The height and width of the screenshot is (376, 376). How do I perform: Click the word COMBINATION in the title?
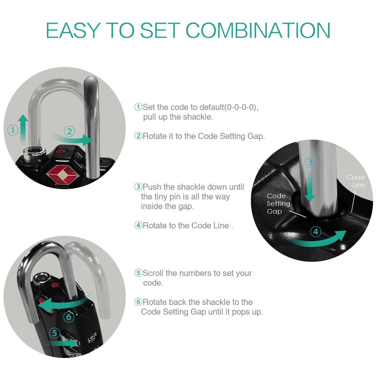coord(258,30)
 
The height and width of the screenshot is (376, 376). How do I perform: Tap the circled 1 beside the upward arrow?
coord(13,130)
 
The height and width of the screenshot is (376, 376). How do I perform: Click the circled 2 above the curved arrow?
coord(69,132)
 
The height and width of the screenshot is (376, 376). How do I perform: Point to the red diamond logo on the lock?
coord(64,175)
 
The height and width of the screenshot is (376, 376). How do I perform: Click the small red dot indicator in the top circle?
coord(60,151)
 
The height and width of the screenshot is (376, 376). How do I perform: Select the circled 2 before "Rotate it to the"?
coord(138,136)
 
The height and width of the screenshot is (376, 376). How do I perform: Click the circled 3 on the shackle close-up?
coord(310,162)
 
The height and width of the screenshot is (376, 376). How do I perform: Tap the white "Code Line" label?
coord(356,181)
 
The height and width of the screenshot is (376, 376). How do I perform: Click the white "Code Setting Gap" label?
coord(279,204)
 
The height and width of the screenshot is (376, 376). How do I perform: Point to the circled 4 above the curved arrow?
coord(316,232)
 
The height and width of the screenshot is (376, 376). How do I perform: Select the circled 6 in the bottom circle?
coord(69,317)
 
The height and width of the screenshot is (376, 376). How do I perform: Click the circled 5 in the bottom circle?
coord(55,333)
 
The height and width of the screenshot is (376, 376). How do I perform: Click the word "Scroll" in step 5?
coord(153,273)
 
